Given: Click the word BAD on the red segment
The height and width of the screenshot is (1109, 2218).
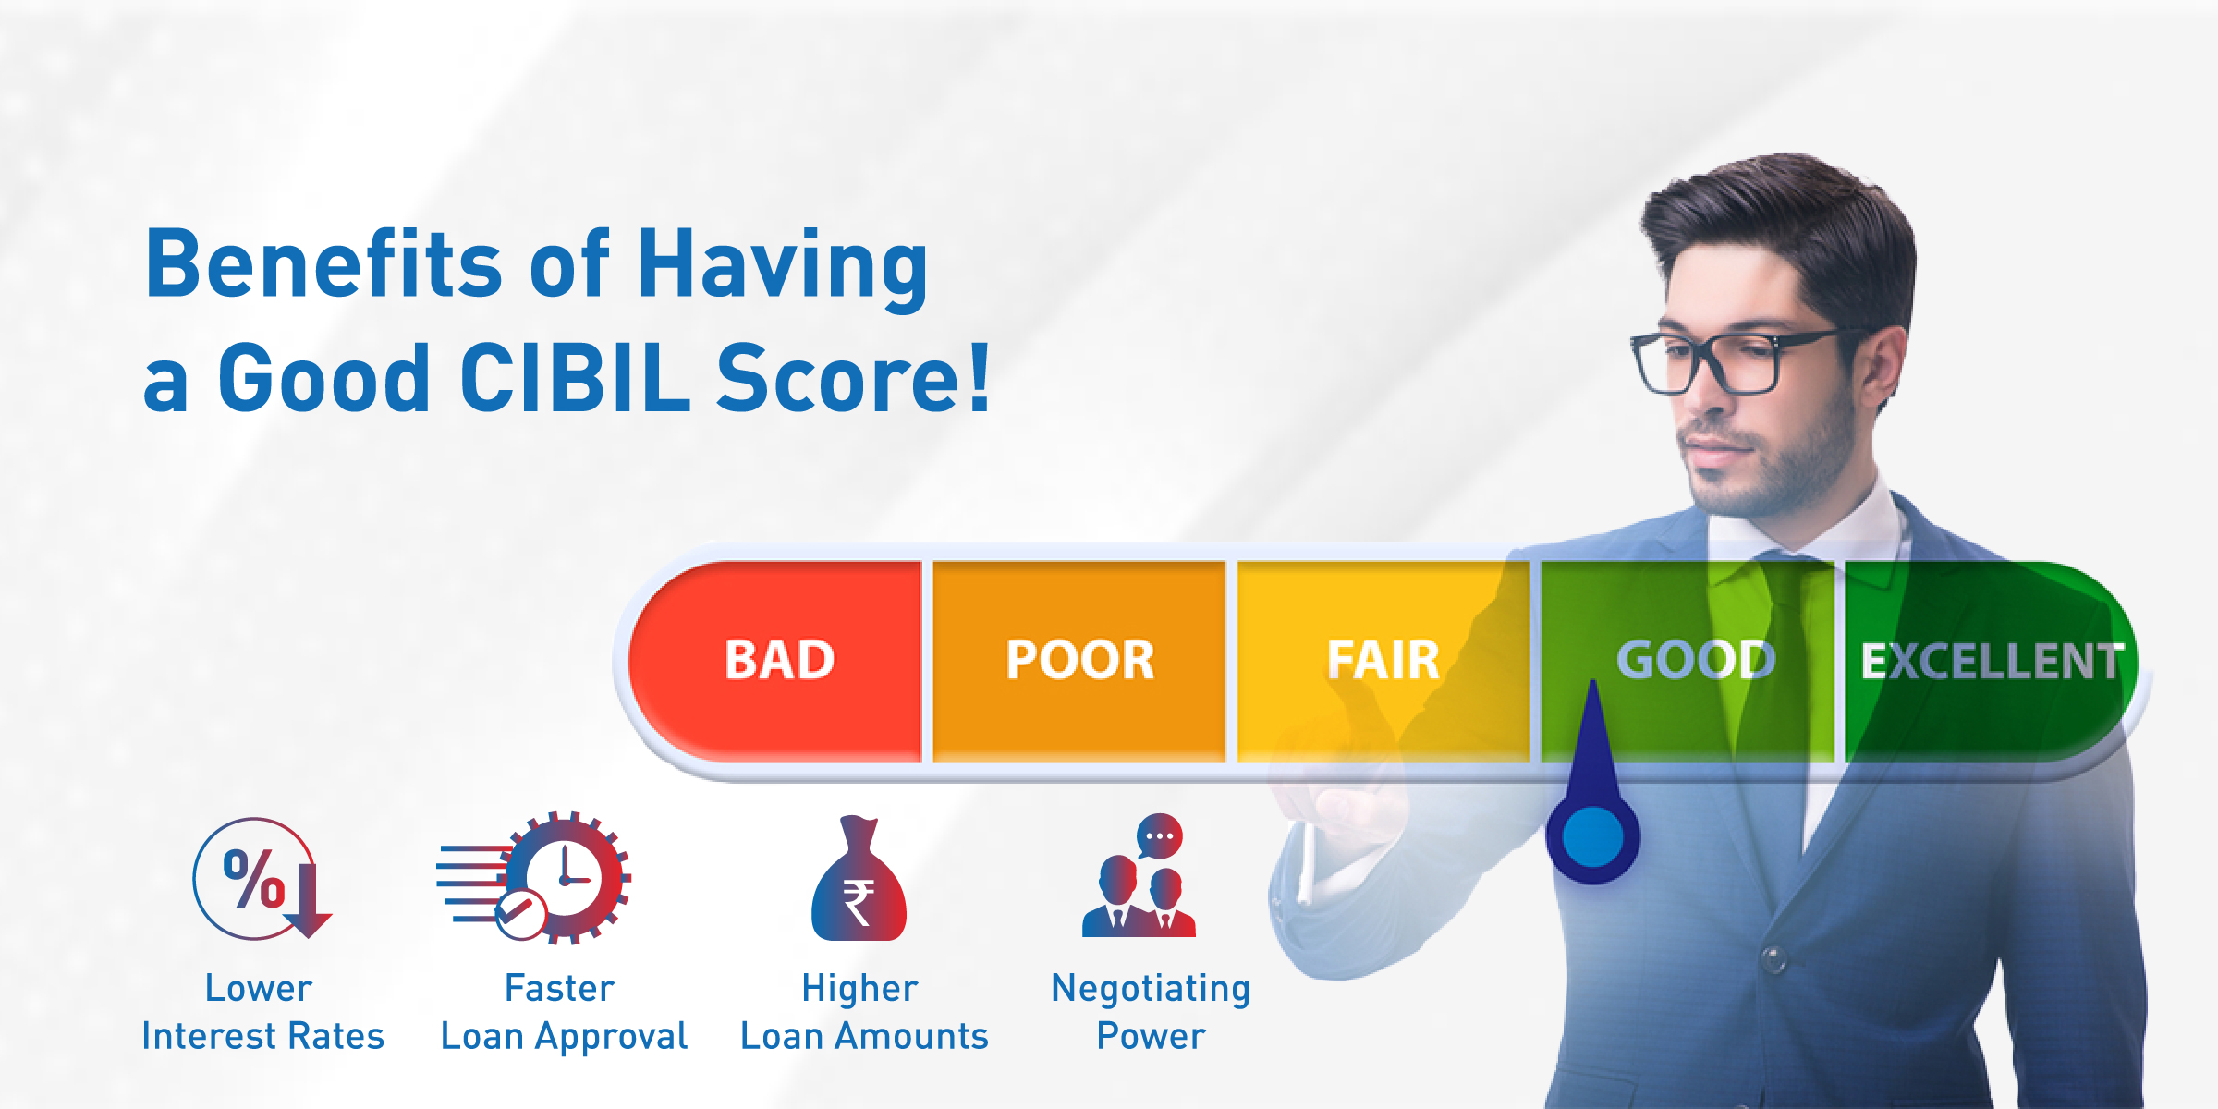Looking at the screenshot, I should click(x=779, y=660).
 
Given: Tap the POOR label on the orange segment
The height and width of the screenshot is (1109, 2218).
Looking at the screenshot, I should click(x=1079, y=660).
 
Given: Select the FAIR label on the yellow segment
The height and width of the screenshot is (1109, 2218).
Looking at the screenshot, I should click(x=1383, y=660).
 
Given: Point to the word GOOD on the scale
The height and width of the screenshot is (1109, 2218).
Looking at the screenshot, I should click(x=1695, y=660).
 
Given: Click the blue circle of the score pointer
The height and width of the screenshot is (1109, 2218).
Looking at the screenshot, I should click(x=1592, y=837).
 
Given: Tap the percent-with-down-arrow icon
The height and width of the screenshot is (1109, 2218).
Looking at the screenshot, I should click(x=261, y=879).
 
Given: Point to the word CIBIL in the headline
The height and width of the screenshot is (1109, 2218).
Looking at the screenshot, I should click(x=573, y=378).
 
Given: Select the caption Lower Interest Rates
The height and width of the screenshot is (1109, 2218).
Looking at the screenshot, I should click(x=262, y=1012).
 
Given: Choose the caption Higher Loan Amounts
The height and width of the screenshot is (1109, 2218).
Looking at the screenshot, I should click(x=864, y=1012).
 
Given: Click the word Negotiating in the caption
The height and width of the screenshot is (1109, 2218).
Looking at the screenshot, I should click(x=1151, y=988).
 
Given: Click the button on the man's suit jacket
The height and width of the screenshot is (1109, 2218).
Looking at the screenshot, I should click(x=1772, y=958).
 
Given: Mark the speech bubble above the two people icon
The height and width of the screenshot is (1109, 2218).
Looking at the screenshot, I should click(x=1159, y=835).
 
